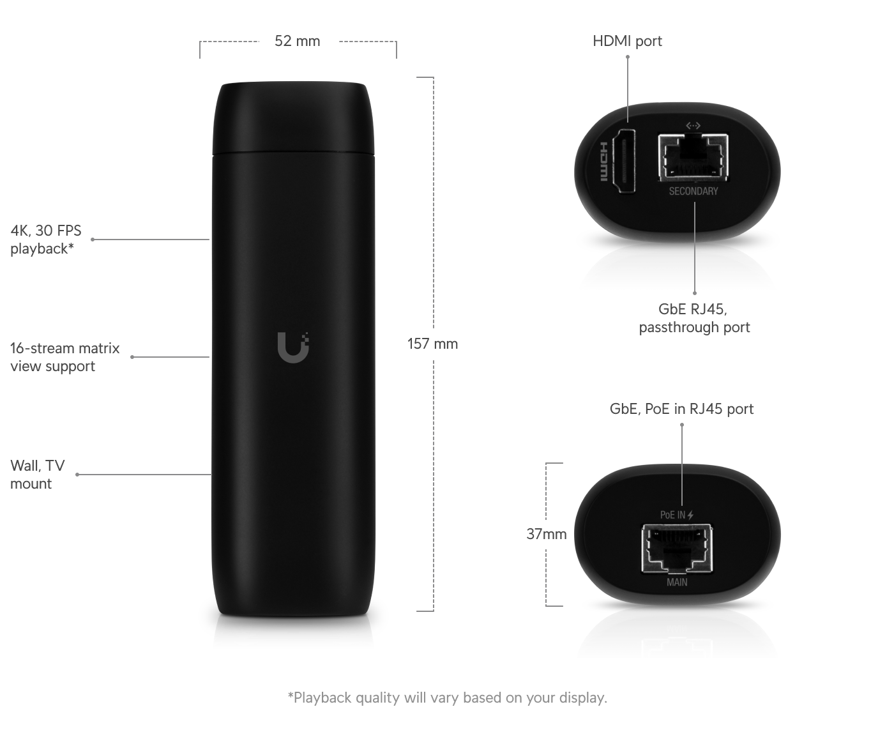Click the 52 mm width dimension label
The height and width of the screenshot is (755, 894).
point(297,41)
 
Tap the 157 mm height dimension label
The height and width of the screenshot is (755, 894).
point(432,344)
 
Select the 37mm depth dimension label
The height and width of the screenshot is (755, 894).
point(547,534)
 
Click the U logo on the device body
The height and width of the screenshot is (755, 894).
point(293,347)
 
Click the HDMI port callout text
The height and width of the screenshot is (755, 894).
point(627,41)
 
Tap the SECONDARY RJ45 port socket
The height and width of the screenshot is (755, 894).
point(693,156)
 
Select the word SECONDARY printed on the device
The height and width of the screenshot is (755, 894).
point(693,192)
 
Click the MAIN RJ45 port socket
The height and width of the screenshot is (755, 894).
point(677,548)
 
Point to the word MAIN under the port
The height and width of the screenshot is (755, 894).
point(677,583)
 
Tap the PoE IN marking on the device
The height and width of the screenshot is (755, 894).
point(676,515)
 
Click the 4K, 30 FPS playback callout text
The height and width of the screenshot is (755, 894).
point(46,240)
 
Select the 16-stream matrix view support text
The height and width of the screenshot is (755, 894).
point(64,357)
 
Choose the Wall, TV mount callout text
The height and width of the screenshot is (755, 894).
point(38,475)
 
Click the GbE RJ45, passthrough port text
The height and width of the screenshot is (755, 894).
point(694,318)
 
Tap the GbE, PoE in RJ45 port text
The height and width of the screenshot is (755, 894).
point(681,409)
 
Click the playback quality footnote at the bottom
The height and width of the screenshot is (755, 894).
point(448,698)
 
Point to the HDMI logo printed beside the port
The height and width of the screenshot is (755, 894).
point(603,162)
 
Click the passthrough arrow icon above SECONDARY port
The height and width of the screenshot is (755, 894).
point(693,125)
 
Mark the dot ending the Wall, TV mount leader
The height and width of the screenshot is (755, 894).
point(77,475)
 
